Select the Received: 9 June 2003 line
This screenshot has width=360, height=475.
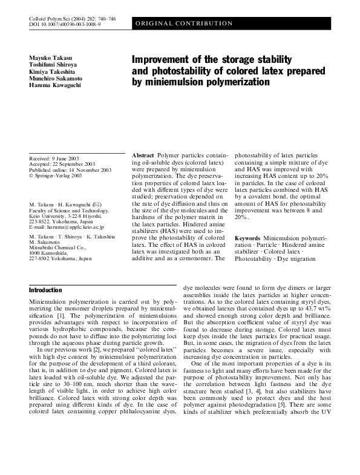coord(56,158)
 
